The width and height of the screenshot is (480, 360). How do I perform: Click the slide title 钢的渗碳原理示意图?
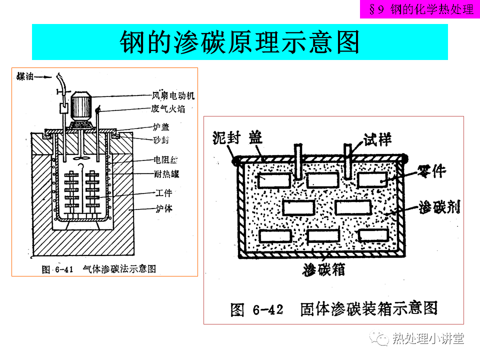tap(239, 42)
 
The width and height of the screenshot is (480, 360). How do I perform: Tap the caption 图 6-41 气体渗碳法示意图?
tap(99, 269)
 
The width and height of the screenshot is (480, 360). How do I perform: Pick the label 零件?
tap(428, 171)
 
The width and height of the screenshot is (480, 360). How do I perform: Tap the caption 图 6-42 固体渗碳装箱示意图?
tap(334, 309)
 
